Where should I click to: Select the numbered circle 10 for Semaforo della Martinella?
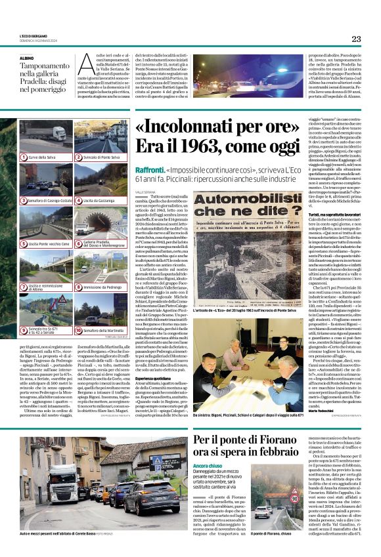point(78,330)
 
